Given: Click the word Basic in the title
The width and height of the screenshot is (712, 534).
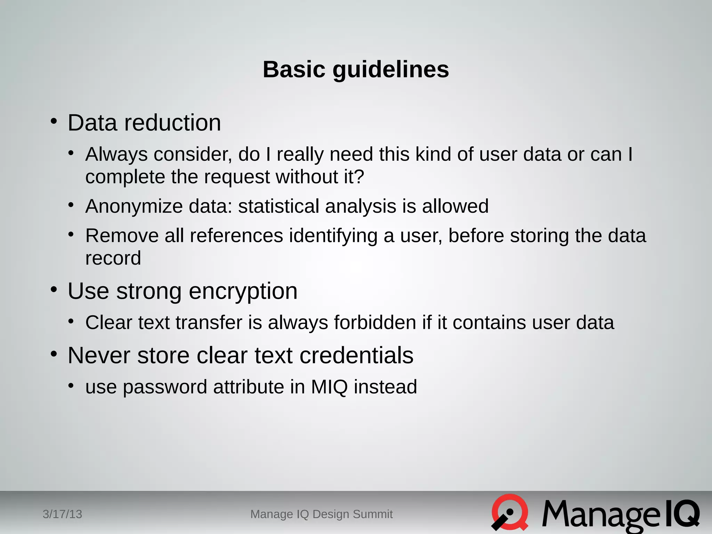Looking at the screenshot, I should pos(294,70).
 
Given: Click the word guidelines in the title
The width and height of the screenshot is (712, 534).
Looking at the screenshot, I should pos(391,70).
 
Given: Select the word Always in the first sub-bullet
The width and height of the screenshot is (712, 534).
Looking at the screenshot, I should pos(116,154).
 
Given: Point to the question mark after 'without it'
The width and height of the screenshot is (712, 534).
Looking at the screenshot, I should pos(359,177).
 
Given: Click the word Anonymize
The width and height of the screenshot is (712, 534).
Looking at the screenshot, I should pos(134,207).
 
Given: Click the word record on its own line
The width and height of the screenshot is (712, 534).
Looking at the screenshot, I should pos(113,258).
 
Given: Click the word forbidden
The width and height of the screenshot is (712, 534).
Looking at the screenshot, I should pos(375,322).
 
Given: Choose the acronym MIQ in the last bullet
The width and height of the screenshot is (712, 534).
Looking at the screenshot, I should pos(329,387).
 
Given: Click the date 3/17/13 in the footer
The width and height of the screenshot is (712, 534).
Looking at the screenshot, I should pos(62,514).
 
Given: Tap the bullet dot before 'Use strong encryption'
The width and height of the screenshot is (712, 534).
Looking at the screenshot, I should pos(54,290).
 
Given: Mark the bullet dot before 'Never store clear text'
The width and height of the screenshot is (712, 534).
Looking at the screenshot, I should pos(54,354).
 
